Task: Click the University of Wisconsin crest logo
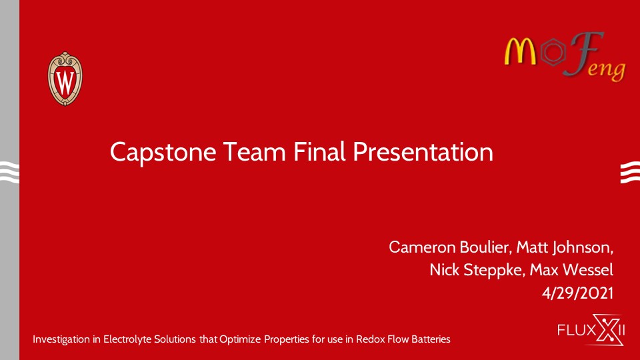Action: point(65,79)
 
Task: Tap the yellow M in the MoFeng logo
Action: point(521,51)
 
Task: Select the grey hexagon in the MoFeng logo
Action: point(553,52)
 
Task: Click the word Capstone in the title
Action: point(163,153)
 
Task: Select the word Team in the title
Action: point(254,152)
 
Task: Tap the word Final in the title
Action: point(319,151)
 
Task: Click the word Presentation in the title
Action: point(423,152)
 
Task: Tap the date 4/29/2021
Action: point(577,293)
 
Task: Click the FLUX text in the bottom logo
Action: point(575,329)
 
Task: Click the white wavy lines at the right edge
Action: point(630,172)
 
